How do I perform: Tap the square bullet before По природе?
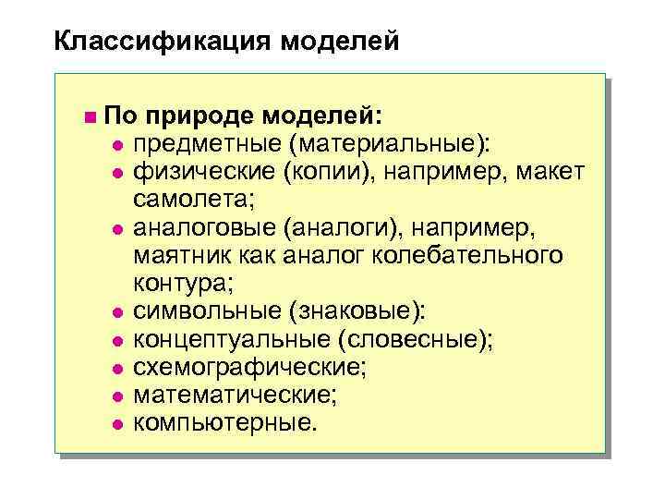(88, 117)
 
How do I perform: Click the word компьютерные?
(224, 424)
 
